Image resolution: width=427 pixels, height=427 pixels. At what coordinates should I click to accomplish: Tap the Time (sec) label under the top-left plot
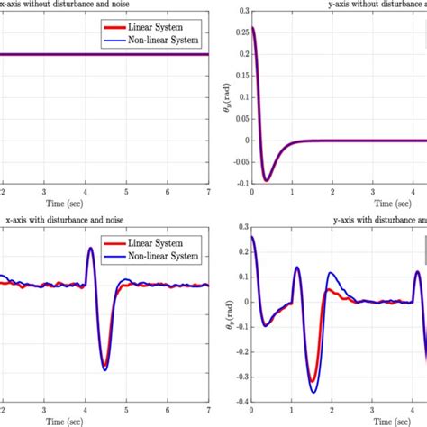click(104, 204)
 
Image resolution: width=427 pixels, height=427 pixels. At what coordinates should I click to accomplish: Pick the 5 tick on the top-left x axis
click(126, 192)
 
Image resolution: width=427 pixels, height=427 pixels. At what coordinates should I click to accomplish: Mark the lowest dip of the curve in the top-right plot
click(266, 180)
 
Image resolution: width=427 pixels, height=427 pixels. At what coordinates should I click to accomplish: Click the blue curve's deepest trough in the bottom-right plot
click(313, 391)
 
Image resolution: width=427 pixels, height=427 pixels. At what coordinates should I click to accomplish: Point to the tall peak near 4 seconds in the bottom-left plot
click(90, 249)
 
